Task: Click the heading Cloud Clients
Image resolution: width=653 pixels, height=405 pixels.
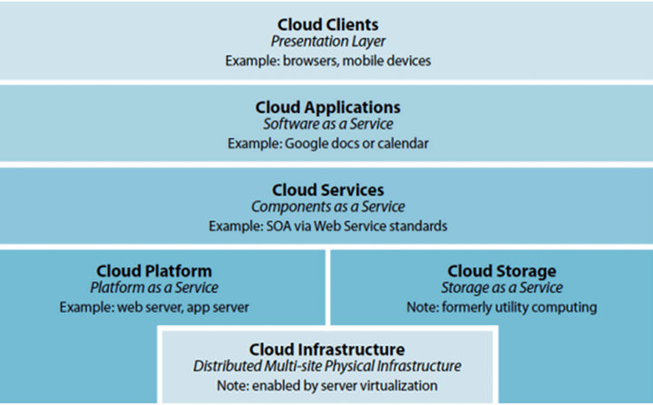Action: (x=327, y=24)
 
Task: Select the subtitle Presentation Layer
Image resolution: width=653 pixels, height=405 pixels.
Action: (x=327, y=42)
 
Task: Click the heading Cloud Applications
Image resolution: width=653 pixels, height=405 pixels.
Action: (x=327, y=108)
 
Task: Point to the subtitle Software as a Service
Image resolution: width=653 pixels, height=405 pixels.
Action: (x=327, y=124)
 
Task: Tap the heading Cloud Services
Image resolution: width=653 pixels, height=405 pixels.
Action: (x=327, y=190)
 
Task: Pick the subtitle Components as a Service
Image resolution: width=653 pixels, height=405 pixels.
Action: (x=327, y=207)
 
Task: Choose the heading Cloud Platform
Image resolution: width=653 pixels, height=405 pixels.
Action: (x=154, y=271)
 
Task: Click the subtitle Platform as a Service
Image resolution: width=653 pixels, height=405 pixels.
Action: (x=154, y=287)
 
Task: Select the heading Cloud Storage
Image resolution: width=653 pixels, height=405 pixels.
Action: (x=502, y=271)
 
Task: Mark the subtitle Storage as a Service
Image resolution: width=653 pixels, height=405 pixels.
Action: (x=502, y=287)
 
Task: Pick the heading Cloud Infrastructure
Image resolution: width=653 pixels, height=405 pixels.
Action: (x=326, y=349)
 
